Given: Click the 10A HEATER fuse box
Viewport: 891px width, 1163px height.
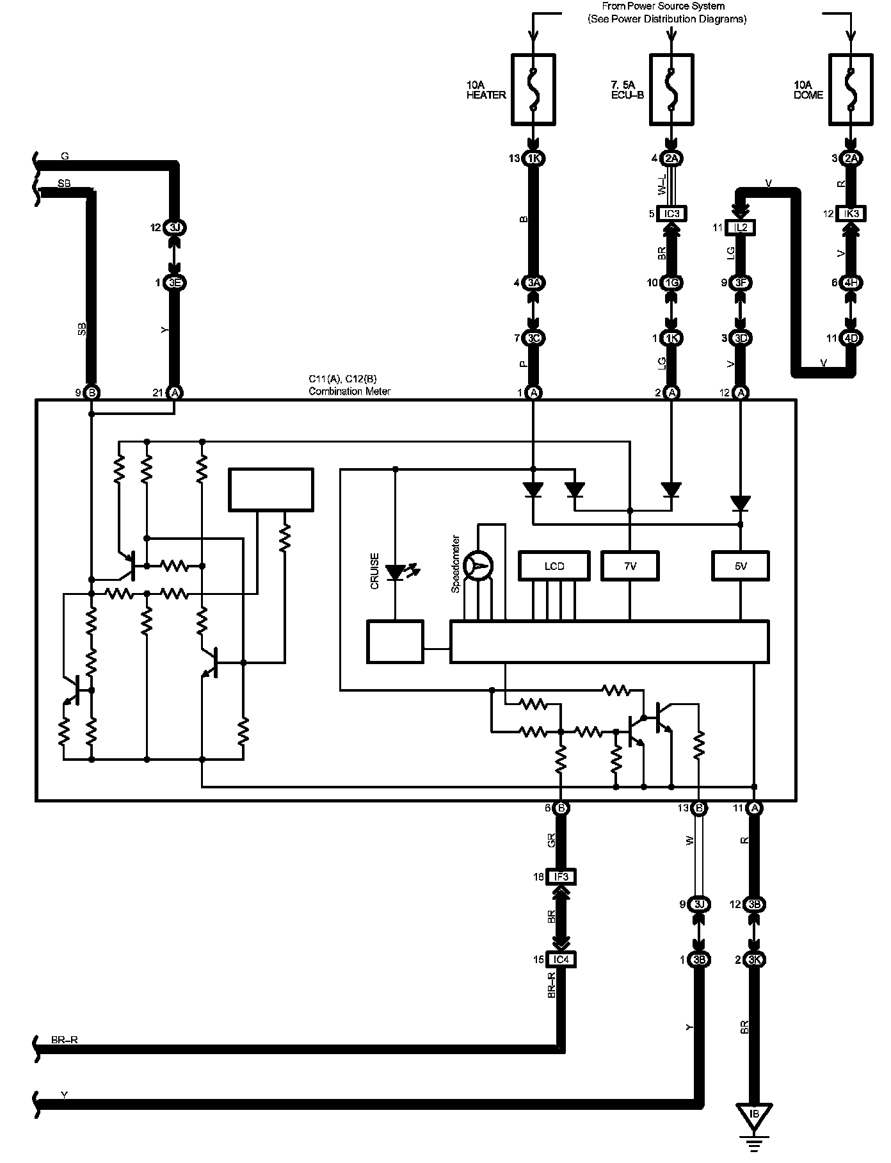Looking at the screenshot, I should pos(533,89).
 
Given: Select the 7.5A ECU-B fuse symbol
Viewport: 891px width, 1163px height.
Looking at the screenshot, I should pos(671,89).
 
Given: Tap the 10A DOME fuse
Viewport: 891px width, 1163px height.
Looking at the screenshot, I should pos(851,89).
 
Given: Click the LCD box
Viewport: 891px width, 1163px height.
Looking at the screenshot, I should pos(554,566).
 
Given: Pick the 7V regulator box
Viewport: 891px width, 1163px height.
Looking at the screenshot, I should pos(630,566).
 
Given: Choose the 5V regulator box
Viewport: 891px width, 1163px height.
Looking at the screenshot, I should pos(741,566).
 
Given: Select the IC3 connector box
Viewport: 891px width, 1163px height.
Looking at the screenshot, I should pos(671,214).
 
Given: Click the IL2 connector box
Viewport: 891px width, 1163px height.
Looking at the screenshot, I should pos(741,227).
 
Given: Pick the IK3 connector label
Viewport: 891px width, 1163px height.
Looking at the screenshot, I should pos(851,214).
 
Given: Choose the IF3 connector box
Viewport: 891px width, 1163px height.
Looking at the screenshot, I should pos(561,876).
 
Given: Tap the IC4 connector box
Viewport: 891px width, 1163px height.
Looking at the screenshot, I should pos(561,959).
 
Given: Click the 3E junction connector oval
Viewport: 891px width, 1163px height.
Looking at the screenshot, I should pos(174,282).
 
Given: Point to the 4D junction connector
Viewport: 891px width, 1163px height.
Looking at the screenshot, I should pos(851,338).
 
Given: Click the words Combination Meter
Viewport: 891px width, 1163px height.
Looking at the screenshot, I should pos(349,391).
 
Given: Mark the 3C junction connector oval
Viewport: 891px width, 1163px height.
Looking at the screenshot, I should pos(533,338).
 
